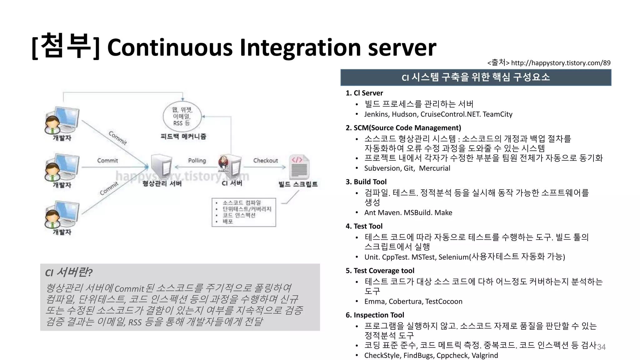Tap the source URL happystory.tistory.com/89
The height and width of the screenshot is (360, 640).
click(561, 63)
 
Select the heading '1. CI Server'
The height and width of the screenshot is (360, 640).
click(364, 93)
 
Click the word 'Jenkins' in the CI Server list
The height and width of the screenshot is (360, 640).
click(376, 114)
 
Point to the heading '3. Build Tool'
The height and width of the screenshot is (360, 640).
click(366, 182)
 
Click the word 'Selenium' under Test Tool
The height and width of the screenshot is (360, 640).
click(453, 257)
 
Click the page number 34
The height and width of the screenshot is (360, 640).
click(601, 347)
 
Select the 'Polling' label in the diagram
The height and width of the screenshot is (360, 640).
click(197, 161)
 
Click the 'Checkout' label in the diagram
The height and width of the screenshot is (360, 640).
click(265, 161)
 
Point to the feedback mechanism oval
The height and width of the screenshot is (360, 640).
click(182, 117)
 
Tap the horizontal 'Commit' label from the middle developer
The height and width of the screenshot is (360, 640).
click(107, 161)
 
